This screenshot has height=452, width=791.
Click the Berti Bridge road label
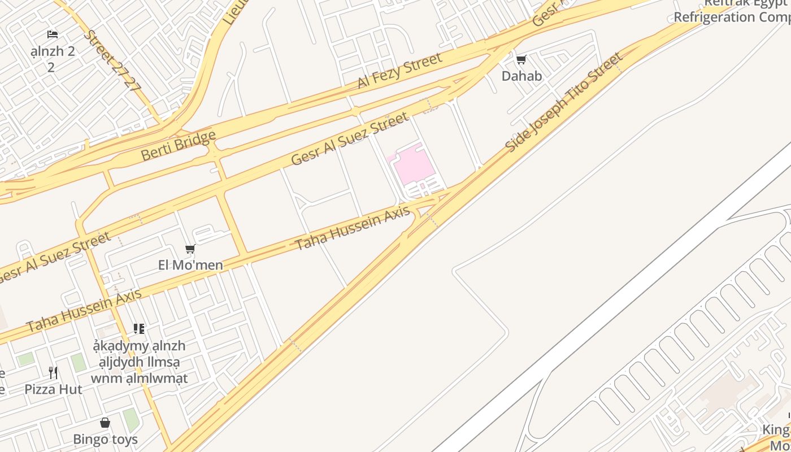coord(179,146)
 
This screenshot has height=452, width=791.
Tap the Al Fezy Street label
coord(399,71)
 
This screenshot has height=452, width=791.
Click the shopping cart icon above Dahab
coord(521,59)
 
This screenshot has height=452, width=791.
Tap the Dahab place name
coord(521,76)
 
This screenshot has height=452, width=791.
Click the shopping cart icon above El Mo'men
coord(190,249)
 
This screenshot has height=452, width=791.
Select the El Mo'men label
coord(190,264)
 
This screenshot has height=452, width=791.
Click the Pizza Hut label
coord(53,389)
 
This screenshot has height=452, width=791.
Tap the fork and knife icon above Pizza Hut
coord(53,372)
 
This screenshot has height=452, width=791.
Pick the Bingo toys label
coord(105,439)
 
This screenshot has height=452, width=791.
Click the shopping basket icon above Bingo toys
coord(105,423)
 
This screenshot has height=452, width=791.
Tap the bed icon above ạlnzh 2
coord(53,34)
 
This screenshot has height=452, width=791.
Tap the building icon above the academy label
coord(139,328)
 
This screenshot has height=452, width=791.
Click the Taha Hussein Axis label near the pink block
coord(352,228)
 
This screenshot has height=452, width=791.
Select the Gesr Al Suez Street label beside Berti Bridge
coord(349,139)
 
